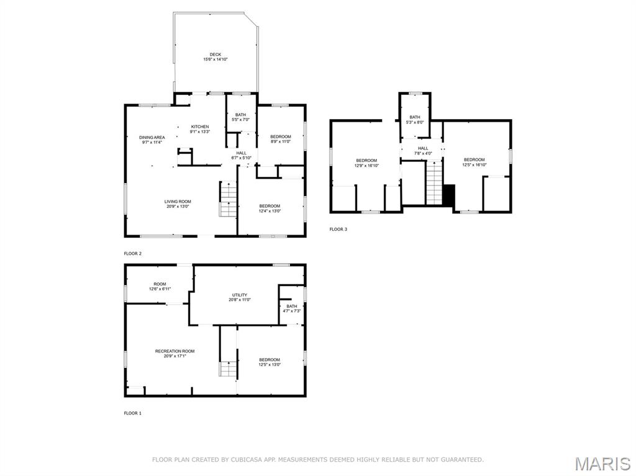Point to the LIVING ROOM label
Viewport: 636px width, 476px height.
pyautogui.click(x=178, y=204)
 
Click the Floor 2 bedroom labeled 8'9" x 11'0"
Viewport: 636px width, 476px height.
pyautogui.click(x=280, y=138)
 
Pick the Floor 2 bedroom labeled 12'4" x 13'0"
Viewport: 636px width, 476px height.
pyautogui.click(x=270, y=208)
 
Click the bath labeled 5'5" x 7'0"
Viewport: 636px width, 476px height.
pyautogui.click(x=240, y=117)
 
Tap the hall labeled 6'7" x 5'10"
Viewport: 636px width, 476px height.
pyautogui.click(x=241, y=155)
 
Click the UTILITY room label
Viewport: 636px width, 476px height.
pyautogui.click(x=240, y=297)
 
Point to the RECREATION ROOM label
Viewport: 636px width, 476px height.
pyautogui.click(x=175, y=354)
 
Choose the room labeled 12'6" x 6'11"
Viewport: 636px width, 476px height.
pyautogui.click(x=160, y=286)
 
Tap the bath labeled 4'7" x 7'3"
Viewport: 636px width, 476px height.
pyautogui.click(x=291, y=308)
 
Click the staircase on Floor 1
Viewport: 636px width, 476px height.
pyautogui.click(x=228, y=369)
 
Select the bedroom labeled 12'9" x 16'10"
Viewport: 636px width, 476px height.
pyautogui.click(x=366, y=163)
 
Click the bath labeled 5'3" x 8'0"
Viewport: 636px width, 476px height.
pyautogui.click(x=414, y=119)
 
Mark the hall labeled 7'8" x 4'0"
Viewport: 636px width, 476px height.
pyautogui.click(x=423, y=150)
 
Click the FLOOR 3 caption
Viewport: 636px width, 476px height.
pyautogui.click(x=338, y=230)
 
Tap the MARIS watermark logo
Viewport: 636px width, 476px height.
pyautogui.click(x=602, y=464)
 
